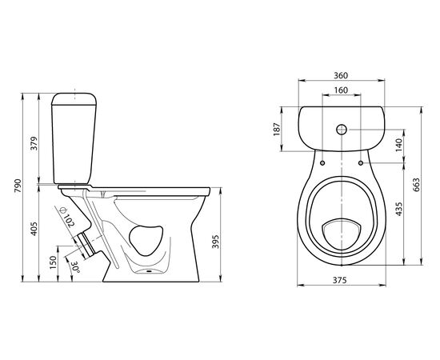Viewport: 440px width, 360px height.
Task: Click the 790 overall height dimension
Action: [x=18, y=186]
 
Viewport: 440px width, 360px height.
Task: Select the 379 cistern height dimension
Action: [x=34, y=143]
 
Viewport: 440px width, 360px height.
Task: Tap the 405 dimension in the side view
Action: [x=34, y=229]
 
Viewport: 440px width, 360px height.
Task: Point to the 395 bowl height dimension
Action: [x=215, y=242]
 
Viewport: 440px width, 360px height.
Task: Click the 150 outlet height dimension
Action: [x=53, y=262]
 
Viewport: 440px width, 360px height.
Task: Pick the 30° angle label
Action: [x=75, y=268]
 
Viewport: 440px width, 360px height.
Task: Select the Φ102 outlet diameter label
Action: [x=67, y=217]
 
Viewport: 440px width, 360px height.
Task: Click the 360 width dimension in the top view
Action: [x=341, y=75]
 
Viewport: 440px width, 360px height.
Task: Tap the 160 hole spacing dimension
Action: [x=342, y=90]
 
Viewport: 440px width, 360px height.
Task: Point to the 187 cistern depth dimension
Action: [x=277, y=129]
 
